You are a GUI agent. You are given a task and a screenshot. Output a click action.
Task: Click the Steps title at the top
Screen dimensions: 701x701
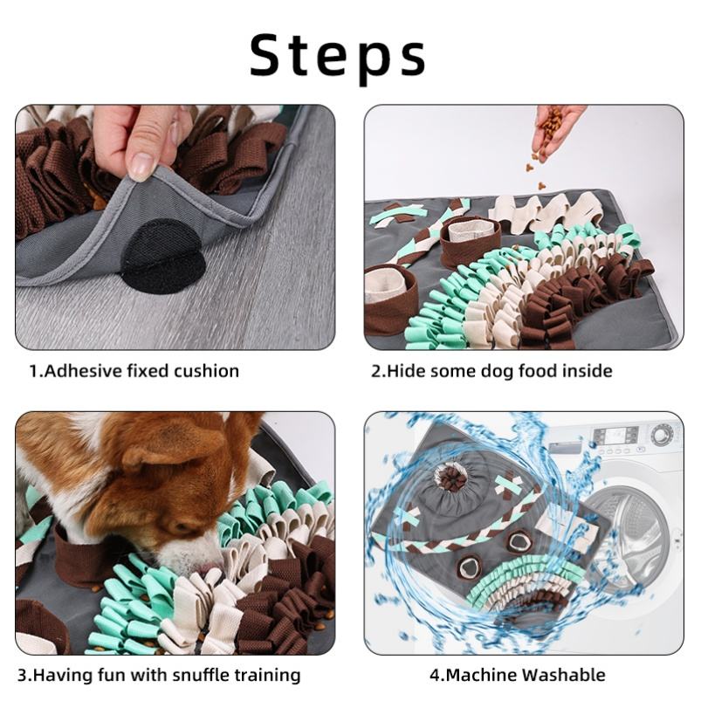tap(338, 56)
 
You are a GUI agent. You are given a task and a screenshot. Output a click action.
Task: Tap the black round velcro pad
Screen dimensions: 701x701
tap(163, 257)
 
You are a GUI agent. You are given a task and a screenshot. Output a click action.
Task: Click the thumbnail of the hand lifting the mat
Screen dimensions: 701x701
tap(175, 227)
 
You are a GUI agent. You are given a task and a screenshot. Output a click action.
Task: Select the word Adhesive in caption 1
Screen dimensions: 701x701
tap(84, 371)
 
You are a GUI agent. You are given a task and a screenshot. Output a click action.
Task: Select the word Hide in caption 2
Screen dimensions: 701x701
tap(407, 371)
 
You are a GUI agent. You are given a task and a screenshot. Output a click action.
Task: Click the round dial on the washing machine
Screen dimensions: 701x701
tap(663, 434)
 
